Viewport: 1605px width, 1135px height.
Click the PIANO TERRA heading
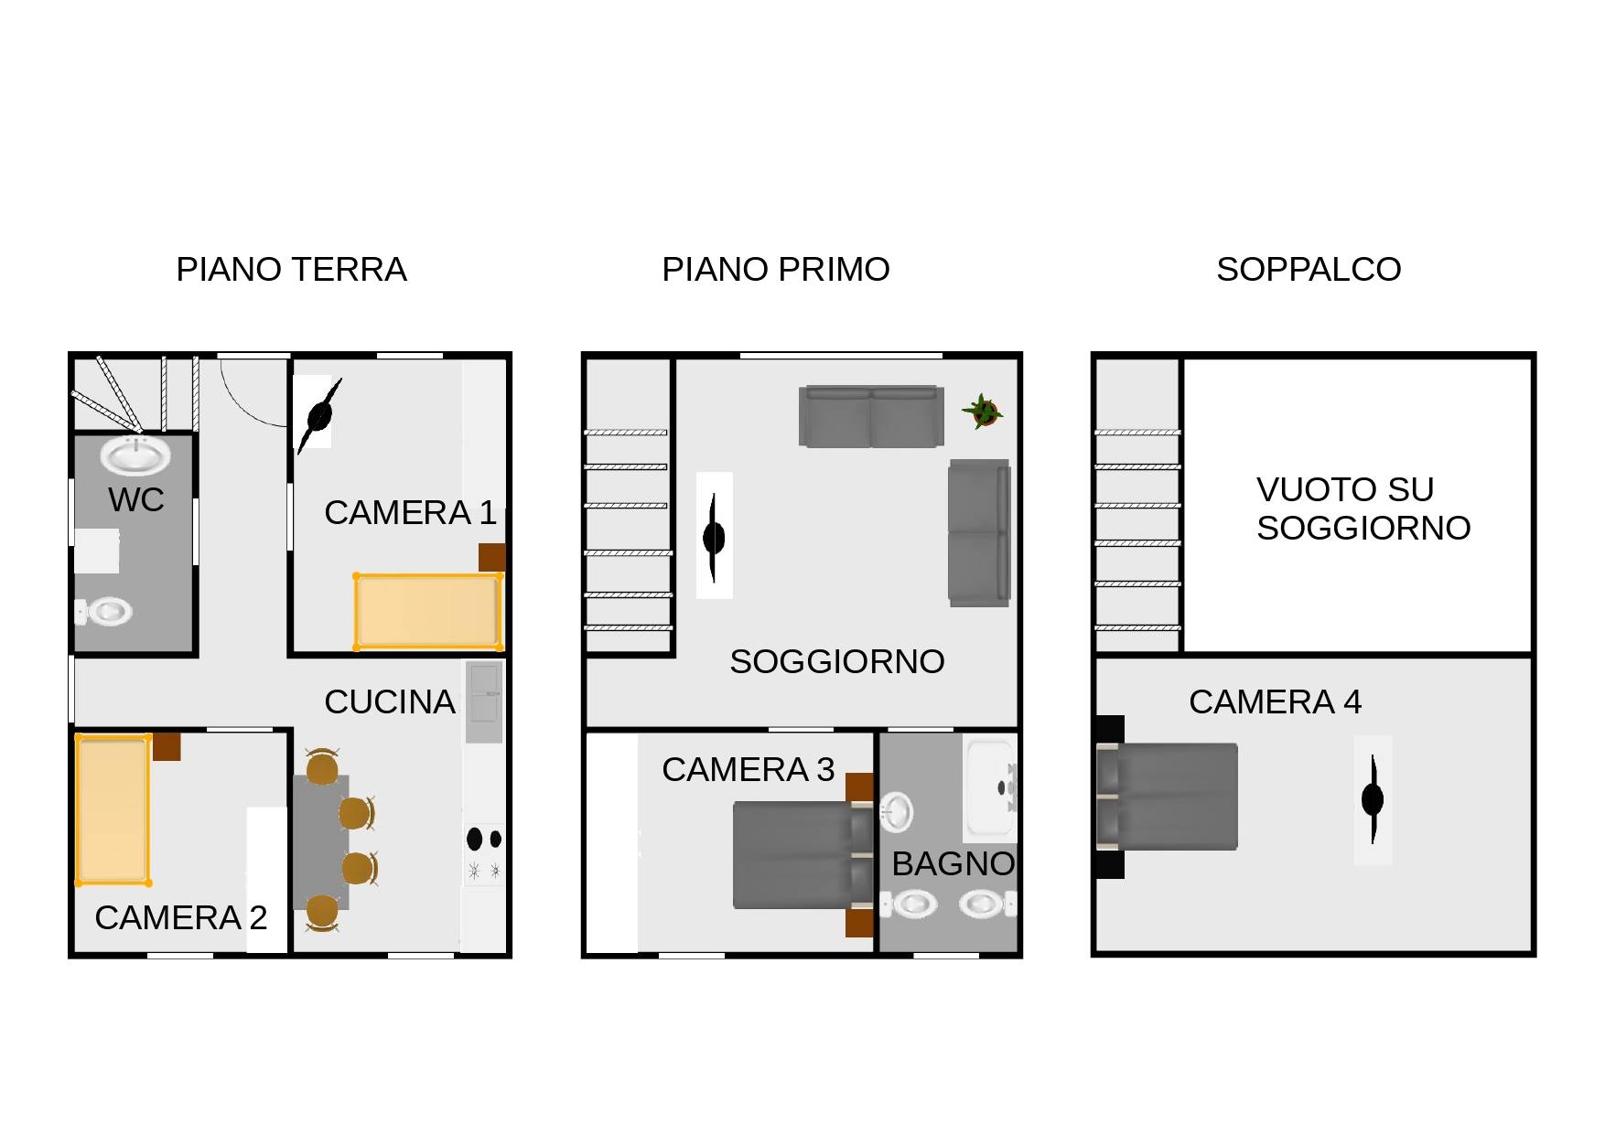click(x=291, y=270)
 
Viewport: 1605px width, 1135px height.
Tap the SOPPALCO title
click(x=1309, y=270)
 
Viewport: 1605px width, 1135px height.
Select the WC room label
click(x=136, y=500)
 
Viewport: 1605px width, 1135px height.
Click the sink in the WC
click(x=135, y=455)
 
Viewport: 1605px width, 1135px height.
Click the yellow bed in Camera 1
click(x=428, y=611)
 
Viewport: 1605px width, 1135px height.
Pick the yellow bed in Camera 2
click(x=113, y=809)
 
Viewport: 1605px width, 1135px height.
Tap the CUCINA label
click(x=390, y=701)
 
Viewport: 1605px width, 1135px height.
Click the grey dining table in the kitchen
click(x=321, y=841)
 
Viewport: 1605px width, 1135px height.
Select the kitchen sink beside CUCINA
click(x=484, y=702)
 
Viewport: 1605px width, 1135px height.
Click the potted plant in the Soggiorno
click(x=982, y=411)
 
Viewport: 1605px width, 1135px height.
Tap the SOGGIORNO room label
click(x=837, y=661)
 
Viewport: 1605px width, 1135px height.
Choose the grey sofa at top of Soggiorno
click(x=871, y=416)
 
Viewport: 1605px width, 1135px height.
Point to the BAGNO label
click(x=953, y=863)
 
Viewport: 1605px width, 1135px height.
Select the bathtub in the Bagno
click(x=991, y=787)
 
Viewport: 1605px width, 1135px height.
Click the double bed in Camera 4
click(x=1167, y=797)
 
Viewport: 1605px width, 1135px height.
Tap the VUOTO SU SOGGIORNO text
click(x=1363, y=509)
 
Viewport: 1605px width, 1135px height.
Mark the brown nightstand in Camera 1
click(x=492, y=557)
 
